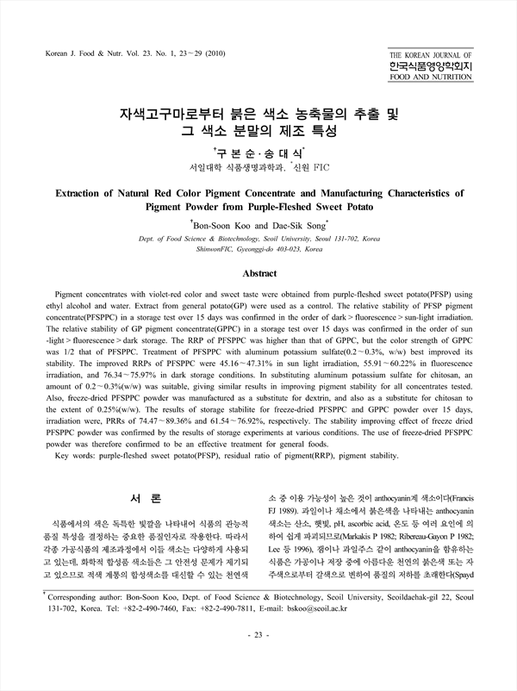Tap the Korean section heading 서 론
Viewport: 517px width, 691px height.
point(139,498)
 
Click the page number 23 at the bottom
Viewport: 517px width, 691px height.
point(258,659)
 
